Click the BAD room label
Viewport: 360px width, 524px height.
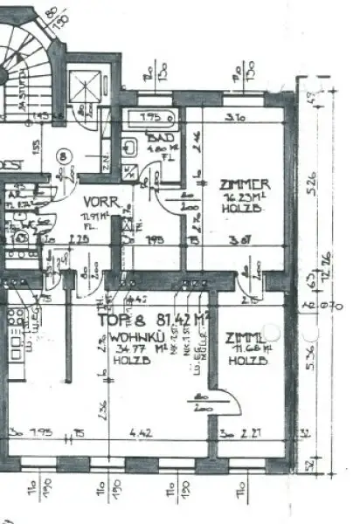(x=160, y=139)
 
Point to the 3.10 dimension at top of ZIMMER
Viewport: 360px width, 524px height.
(x=233, y=118)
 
